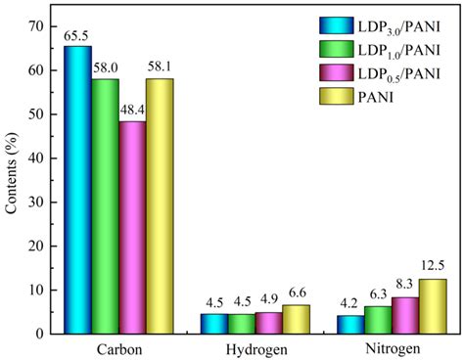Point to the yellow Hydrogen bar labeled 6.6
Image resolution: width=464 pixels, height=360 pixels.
296,319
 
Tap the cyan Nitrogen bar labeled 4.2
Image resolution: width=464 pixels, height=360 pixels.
350,324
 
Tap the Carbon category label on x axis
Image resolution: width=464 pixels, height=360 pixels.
118,348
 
